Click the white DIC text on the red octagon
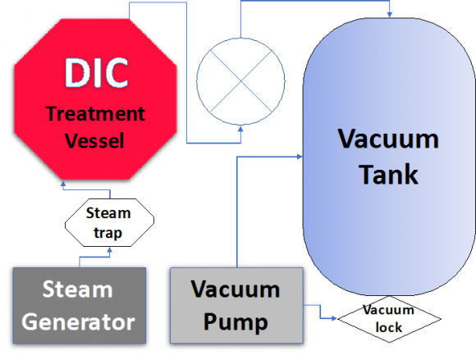(x=96, y=73)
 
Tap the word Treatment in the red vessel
(x=96, y=114)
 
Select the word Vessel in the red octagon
(x=94, y=140)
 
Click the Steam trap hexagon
(x=110, y=222)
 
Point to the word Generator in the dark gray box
(x=78, y=321)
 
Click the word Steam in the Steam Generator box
(x=78, y=289)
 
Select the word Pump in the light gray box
(x=236, y=323)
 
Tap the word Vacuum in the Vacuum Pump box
(x=236, y=289)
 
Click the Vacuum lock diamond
(x=389, y=319)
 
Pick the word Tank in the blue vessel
(x=388, y=174)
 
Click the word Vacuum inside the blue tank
(x=388, y=139)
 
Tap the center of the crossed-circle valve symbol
(x=240, y=81)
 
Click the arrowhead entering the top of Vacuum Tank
(x=390, y=15)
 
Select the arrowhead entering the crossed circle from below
(x=240, y=130)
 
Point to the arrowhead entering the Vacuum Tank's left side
(x=300, y=157)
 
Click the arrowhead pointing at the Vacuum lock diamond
(x=334, y=318)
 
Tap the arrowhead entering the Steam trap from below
(x=110, y=250)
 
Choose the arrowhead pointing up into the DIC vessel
(x=63, y=184)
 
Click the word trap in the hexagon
(x=108, y=233)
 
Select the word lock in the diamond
(x=388, y=327)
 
